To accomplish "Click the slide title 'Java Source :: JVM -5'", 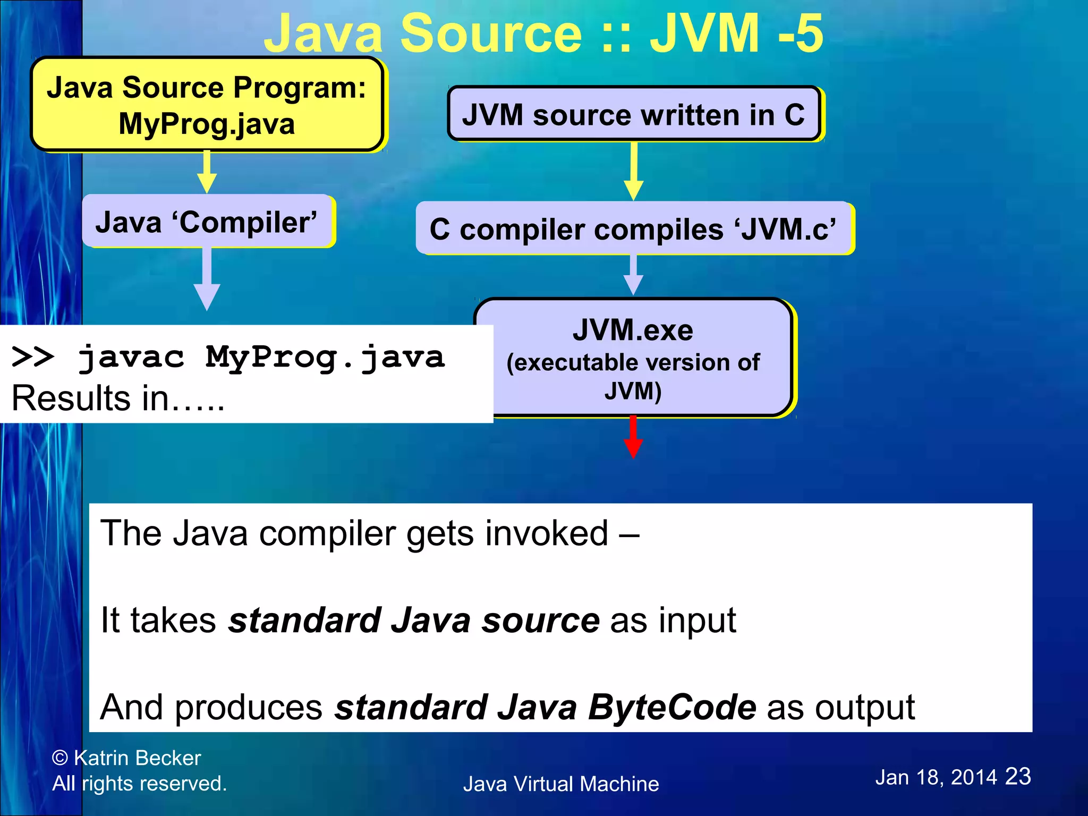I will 543,33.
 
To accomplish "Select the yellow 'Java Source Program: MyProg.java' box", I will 207,105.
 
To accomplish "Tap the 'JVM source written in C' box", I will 633,114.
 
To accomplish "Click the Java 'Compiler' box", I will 207,222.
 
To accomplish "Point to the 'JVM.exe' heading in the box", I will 633,330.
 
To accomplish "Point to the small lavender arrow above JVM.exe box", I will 633,275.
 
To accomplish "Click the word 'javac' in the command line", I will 131,357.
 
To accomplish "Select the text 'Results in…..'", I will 118,398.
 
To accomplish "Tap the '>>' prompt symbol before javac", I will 32,357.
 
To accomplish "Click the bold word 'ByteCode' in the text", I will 672,707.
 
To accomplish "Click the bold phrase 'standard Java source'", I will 414,620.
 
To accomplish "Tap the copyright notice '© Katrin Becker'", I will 126,758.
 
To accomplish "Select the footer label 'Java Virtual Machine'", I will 561,784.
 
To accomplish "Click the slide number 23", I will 1018,777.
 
